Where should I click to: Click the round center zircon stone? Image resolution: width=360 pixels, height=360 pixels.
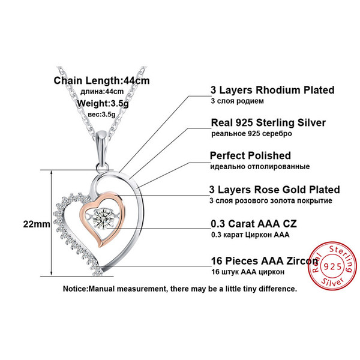(x=103, y=218)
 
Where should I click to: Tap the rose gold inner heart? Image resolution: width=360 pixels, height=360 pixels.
(x=83, y=214)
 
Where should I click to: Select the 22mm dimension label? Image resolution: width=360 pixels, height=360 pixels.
(x=37, y=224)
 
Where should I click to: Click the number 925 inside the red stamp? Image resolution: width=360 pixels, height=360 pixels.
(x=332, y=266)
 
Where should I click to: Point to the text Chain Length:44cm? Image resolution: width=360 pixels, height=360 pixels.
(x=102, y=80)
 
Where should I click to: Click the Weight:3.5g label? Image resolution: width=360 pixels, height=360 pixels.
(x=103, y=103)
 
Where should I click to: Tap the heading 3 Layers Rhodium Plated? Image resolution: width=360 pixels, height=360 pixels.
(x=272, y=90)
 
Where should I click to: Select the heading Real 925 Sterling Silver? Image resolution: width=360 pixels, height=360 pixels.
(x=268, y=122)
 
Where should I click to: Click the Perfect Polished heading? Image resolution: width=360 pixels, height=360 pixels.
(x=250, y=155)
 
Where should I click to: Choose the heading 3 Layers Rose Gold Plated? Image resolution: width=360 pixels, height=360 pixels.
(x=274, y=190)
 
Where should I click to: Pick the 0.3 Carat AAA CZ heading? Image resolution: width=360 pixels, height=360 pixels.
(x=254, y=224)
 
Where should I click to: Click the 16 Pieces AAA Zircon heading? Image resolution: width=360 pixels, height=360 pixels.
(x=265, y=261)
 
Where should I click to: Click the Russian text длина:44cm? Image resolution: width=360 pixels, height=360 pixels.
(x=102, y=92)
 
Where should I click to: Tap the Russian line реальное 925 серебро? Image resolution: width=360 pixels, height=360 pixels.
(x=251, y=134)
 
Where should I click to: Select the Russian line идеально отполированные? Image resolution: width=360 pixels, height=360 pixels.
(x=260, y=166)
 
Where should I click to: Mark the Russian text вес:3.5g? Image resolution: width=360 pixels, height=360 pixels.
(x=101, y=114)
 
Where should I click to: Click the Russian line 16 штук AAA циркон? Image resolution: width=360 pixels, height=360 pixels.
(x=248, y=272)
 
